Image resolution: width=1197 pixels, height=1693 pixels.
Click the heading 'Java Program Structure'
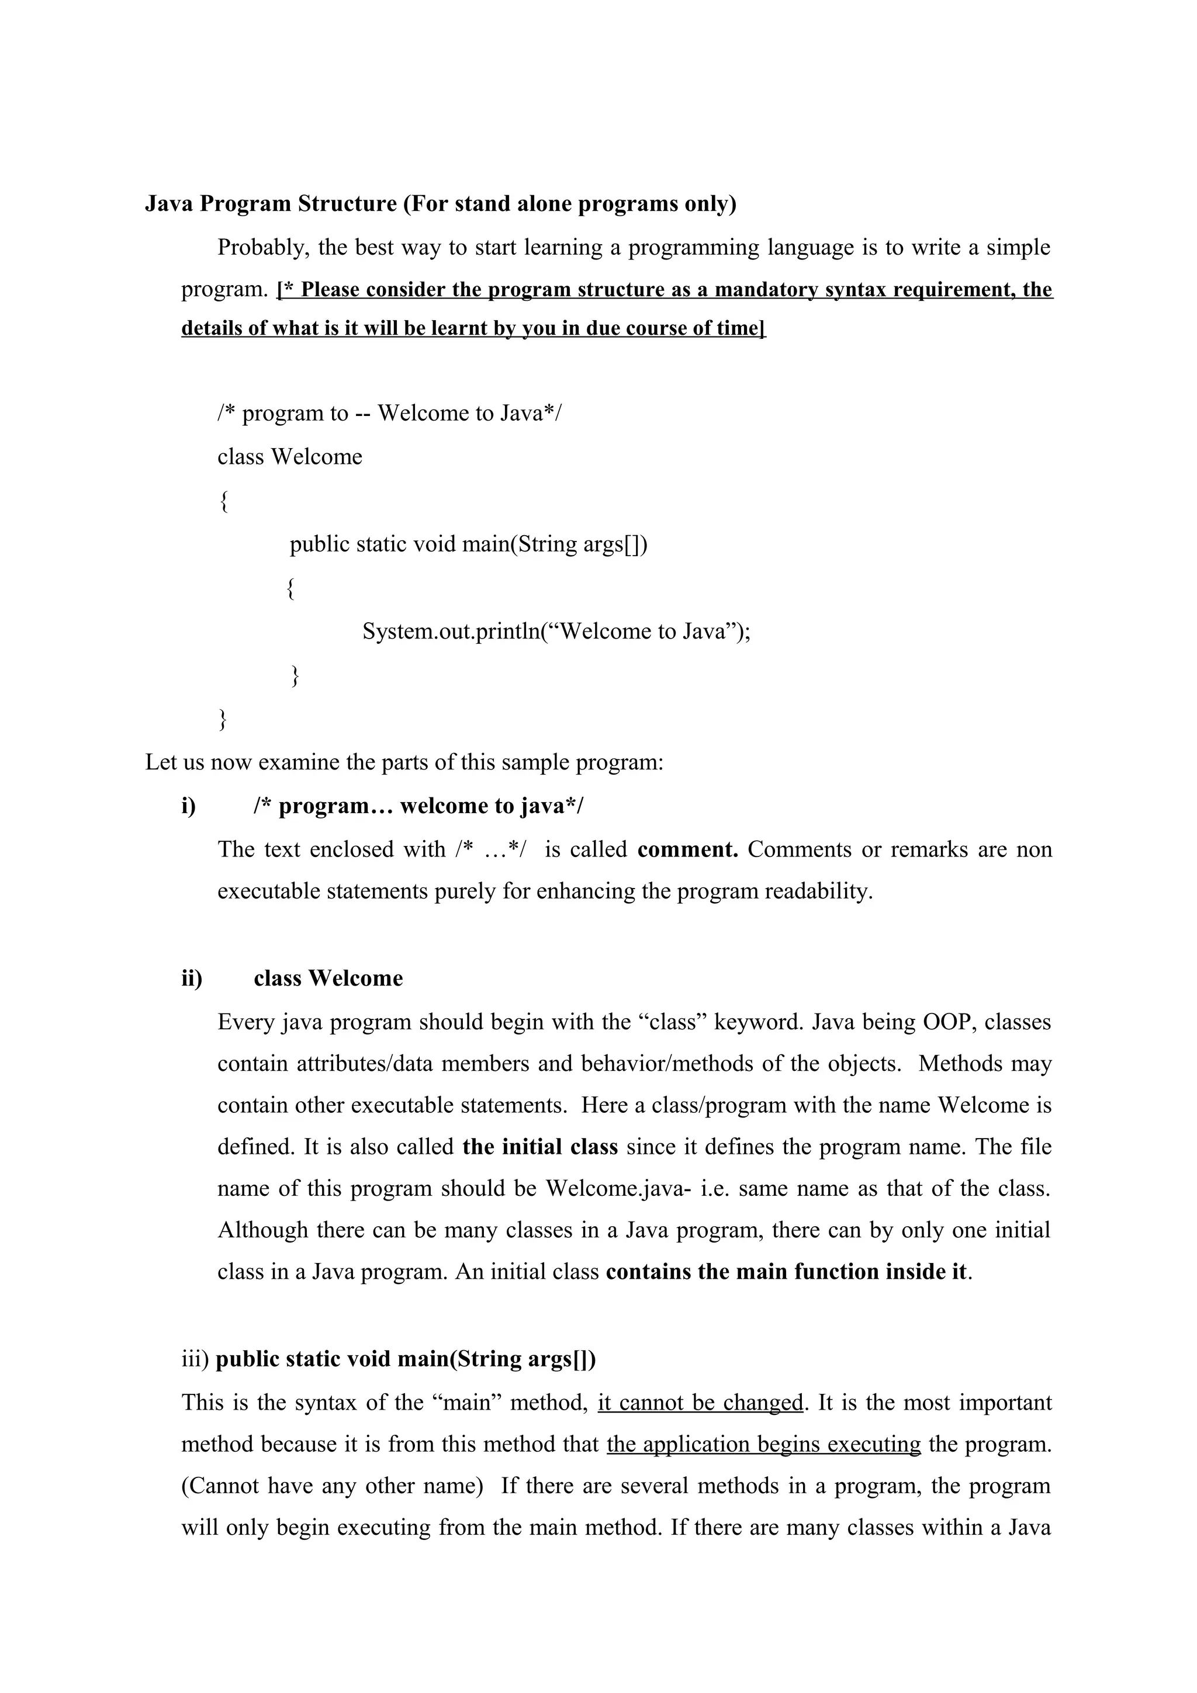pos(271,203)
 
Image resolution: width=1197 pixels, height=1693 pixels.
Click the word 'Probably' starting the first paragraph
pos(261,247)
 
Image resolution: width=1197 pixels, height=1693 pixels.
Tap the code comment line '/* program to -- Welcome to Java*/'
pos(389,413)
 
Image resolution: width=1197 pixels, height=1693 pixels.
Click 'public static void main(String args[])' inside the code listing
pos(468,544)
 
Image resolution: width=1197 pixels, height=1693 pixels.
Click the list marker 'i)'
pos(189,806)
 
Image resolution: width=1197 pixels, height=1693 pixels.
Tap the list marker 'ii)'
pos(192,979)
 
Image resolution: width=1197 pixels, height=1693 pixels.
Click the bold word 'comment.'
pos(687,849)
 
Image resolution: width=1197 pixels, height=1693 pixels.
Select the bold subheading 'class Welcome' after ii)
pos(328,979)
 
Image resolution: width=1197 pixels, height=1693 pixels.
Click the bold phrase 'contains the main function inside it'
pos(786,1272)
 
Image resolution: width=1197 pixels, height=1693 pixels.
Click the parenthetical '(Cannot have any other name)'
pos(332,1485)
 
